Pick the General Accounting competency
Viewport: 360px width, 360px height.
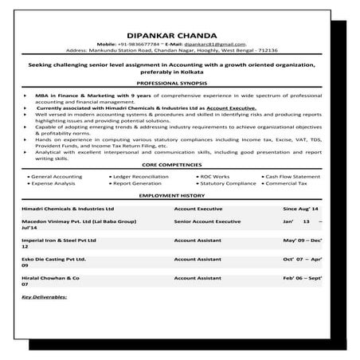55,174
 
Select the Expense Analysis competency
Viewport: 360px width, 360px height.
54,182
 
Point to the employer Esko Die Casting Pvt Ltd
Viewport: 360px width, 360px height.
55,260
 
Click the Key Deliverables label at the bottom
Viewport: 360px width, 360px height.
45,296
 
